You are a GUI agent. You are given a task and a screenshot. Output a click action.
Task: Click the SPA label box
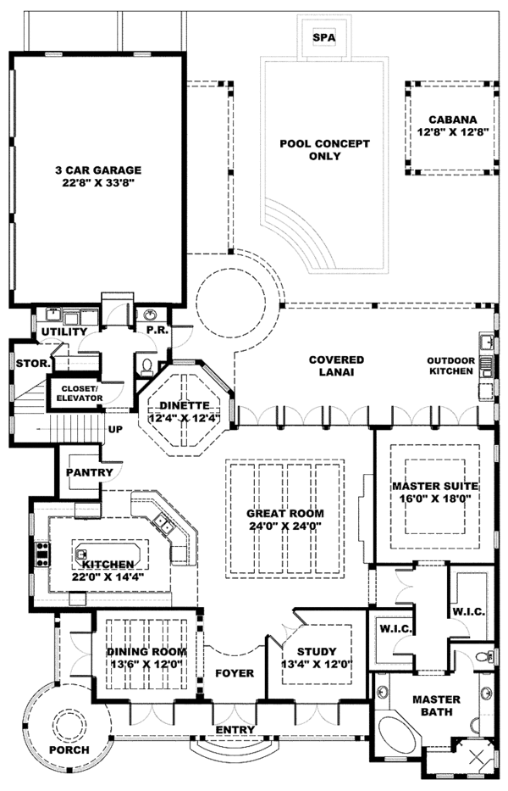(323, 39)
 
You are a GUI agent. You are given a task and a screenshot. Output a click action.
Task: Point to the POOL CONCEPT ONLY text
(324, 150)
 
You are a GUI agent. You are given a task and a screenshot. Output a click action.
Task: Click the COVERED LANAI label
(336, 366)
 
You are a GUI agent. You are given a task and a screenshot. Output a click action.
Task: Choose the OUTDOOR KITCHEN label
(450, 366)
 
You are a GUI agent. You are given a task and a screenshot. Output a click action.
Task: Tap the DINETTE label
(185, 405)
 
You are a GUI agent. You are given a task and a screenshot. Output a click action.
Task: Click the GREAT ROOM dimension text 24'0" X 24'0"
(284, 526)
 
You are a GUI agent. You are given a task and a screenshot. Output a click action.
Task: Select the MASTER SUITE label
(435, 487)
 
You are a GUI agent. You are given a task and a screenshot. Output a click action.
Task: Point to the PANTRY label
(84, 472)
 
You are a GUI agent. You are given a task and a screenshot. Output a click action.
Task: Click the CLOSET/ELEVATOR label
(79, 393)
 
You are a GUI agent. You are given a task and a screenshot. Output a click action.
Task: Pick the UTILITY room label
(64, 331)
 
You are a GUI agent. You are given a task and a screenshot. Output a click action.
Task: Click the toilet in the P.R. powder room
(145, 366)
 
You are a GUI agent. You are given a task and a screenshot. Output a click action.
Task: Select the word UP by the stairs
(115, 430)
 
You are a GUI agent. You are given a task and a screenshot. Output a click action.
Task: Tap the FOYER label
(235, 673)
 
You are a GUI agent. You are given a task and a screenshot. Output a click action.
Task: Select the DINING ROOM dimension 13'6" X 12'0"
(146, 664)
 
